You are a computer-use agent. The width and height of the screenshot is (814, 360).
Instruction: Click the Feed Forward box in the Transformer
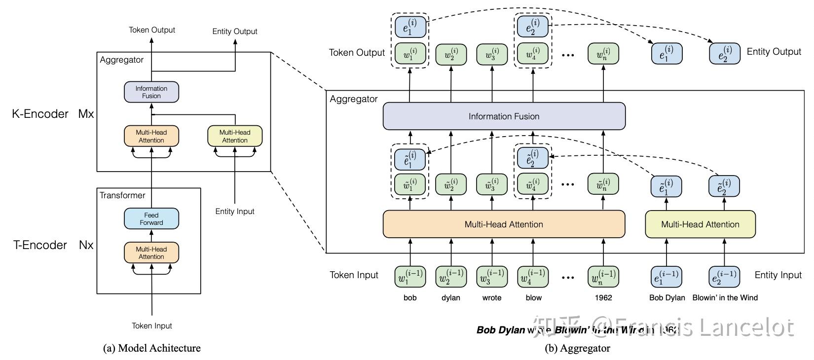151,219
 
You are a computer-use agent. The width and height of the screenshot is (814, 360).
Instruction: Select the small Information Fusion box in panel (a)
151,92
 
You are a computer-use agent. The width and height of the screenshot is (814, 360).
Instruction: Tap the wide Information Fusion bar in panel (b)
504,116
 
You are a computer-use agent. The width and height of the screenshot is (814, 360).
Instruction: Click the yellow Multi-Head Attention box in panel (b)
700,224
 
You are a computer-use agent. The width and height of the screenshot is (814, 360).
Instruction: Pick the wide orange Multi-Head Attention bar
504,224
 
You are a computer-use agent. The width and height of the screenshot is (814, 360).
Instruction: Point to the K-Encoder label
40,114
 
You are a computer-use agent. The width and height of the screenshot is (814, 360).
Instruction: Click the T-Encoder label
40,245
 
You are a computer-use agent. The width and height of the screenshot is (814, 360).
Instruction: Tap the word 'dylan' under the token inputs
451,298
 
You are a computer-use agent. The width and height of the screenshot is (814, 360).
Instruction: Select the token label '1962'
603,298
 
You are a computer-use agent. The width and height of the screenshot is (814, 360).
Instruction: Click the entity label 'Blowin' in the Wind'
725,298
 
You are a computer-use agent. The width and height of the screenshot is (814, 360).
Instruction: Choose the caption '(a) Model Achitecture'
152,348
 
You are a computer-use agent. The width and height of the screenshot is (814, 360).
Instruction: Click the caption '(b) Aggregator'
577,348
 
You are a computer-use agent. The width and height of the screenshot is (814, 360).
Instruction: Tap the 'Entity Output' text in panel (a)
235,32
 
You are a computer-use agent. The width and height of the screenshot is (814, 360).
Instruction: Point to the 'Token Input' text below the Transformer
152,326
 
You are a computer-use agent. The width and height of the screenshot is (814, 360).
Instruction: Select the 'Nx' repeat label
86,245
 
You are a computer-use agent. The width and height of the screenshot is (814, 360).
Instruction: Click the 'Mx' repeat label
86,114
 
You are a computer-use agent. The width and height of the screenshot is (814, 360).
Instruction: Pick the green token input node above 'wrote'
492,277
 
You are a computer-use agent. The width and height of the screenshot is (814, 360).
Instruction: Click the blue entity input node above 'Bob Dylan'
666,277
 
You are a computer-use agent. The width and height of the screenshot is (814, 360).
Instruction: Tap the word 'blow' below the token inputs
533,298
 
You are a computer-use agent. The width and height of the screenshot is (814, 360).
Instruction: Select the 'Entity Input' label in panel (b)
778,275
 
